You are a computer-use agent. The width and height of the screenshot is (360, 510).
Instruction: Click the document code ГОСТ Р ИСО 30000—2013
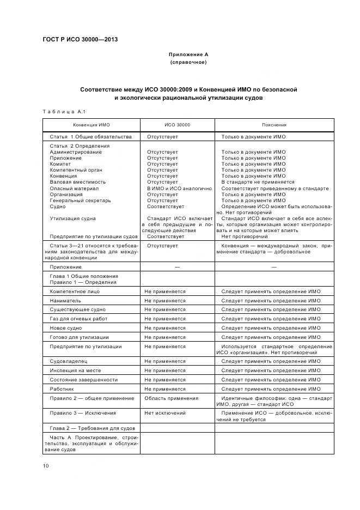pos(80,39)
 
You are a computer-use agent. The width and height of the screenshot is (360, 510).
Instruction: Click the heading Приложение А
pos(188,54)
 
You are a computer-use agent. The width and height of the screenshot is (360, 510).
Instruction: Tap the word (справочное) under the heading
pos(188,63)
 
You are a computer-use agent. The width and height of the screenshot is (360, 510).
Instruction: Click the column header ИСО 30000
pos(177,125)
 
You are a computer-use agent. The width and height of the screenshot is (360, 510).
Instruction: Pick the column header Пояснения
pos(273,125)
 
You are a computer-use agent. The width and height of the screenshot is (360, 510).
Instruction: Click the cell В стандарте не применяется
pos(258,182)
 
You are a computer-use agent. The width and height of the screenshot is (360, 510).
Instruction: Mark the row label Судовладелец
pos(69,361)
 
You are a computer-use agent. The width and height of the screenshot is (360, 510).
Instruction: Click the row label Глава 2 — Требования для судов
pos(89,428)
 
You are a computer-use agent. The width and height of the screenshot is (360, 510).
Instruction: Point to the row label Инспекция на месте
pos(74,371)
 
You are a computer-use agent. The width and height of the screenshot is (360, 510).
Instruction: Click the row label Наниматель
pos(65,300)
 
